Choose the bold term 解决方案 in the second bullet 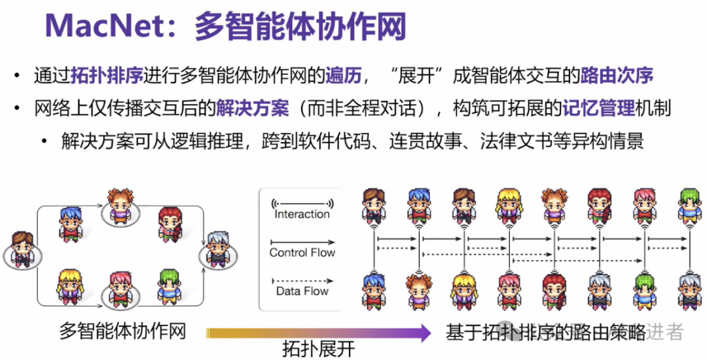[253, 109]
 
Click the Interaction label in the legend [302, 214]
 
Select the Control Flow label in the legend [302, 253]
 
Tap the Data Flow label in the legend [302, 291]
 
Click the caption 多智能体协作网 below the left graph [123, 331]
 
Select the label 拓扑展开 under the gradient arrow [319, 349]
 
